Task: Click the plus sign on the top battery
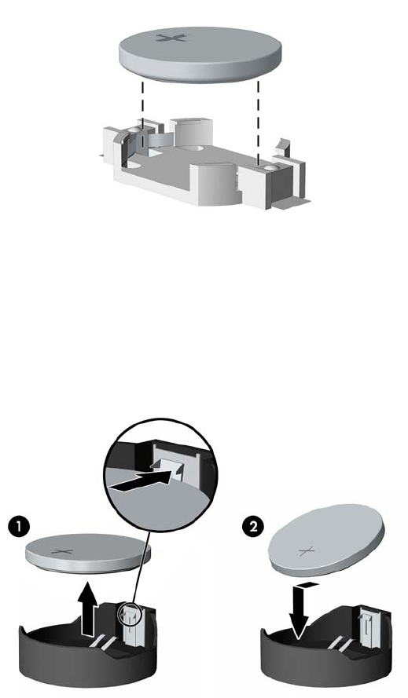[171, 38]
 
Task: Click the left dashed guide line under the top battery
[142, 115]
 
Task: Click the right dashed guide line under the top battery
[259, 122]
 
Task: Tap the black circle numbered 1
[19, 528]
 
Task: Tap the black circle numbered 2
[252, 528]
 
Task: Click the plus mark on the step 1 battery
[62, 552]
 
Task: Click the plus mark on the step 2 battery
[307, 553]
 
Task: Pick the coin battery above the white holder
[200, 54]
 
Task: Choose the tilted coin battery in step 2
[326, 540]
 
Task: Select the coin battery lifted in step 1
[88, 553]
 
